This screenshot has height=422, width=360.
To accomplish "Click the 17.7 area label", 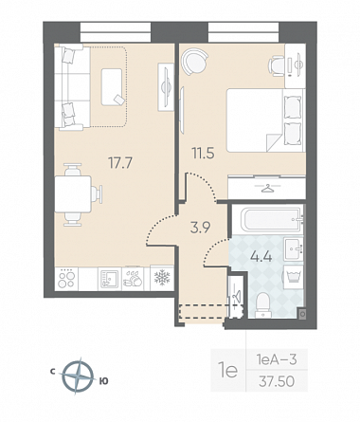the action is pos(120,163).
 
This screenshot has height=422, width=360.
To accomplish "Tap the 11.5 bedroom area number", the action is pos(203,154).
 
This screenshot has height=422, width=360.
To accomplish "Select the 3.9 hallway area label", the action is pos(201,228).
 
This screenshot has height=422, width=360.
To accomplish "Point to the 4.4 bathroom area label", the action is pos(261,257).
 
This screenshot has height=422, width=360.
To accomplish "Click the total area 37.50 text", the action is pos(277,381).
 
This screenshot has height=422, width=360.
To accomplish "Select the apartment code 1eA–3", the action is pos(277,359).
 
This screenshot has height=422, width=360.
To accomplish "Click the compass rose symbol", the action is pos(78,376).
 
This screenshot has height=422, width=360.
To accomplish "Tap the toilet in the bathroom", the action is pos(263,305).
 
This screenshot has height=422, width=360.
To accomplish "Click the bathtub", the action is pos(272,219).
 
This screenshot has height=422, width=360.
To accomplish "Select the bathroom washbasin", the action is pos(293,248).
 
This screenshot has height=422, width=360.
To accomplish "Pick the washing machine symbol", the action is pos(294,277).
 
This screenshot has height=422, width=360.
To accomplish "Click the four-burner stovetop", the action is pos(66,279).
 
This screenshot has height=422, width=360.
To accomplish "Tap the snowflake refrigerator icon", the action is pos(162,278).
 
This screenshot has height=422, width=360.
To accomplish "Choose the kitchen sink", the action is pos(110,279).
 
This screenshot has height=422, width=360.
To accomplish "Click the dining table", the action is pos(73,194).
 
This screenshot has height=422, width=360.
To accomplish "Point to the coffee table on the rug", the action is pos(112,86).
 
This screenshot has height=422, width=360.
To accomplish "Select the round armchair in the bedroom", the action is pos(194,61).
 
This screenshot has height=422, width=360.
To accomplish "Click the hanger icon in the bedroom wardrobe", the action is pos(268,188).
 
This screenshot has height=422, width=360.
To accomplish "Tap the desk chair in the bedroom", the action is pos(277,65).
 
